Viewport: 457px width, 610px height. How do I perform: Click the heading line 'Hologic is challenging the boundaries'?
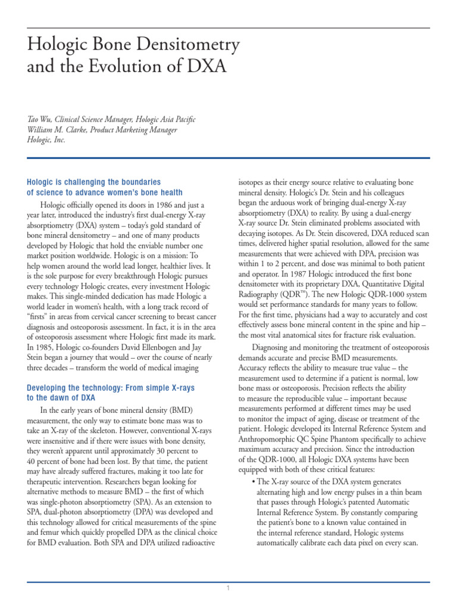point(94,181)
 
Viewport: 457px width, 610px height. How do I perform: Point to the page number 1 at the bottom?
point(228,589)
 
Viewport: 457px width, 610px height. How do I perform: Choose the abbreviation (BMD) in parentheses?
point(181,410)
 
